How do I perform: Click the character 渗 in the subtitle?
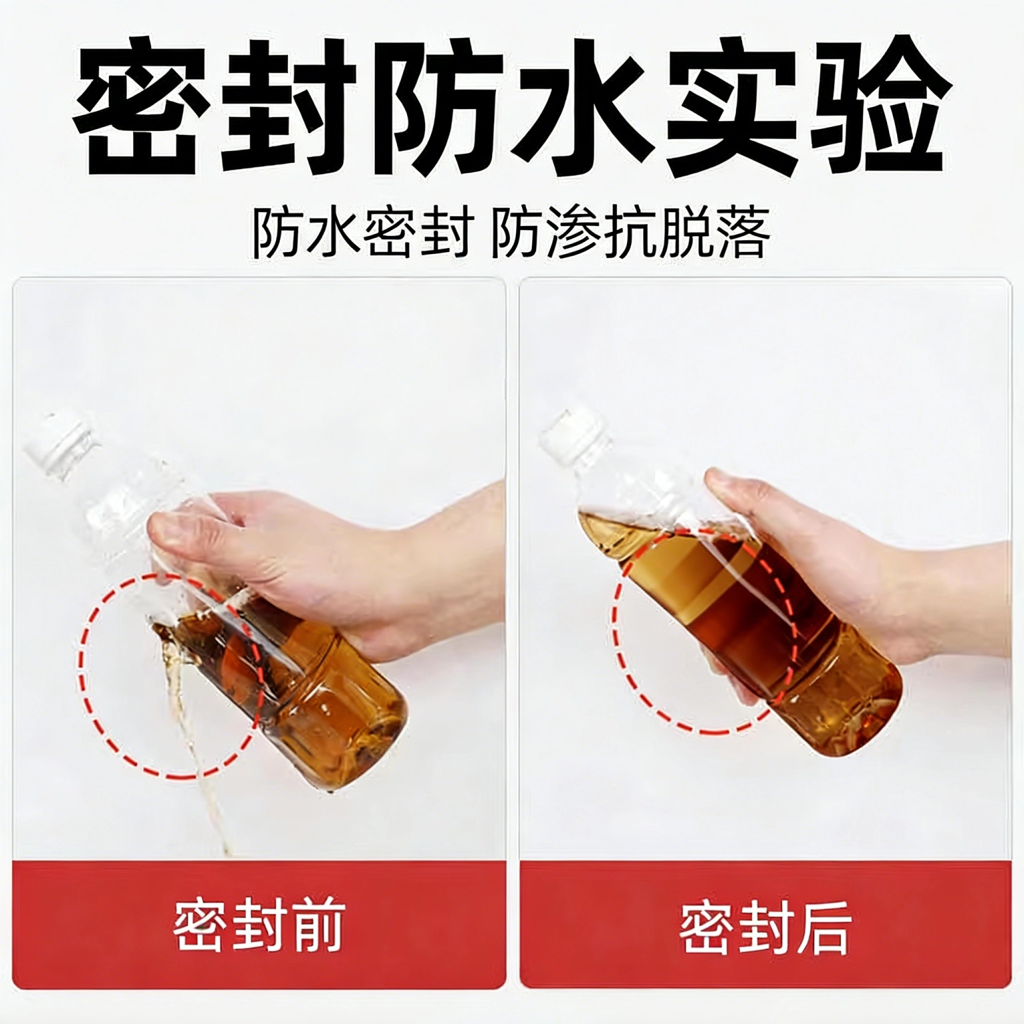tap(574, 233)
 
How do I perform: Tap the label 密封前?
tap(258, 926)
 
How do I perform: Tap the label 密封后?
tap(765, 926)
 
